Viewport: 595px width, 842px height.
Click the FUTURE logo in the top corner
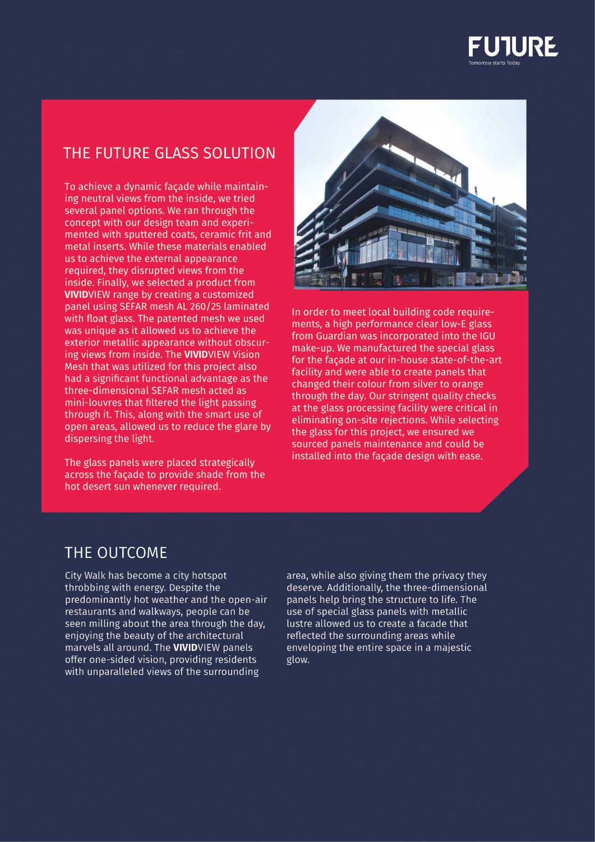[513, 46]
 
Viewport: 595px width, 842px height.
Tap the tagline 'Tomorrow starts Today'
[494, 63]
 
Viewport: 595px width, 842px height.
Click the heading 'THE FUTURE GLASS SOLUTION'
[169, 153]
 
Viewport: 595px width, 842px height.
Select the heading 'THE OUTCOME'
[116, 553]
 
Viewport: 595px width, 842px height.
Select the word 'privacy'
[446, 575]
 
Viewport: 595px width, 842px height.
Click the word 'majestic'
[450, 647]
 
